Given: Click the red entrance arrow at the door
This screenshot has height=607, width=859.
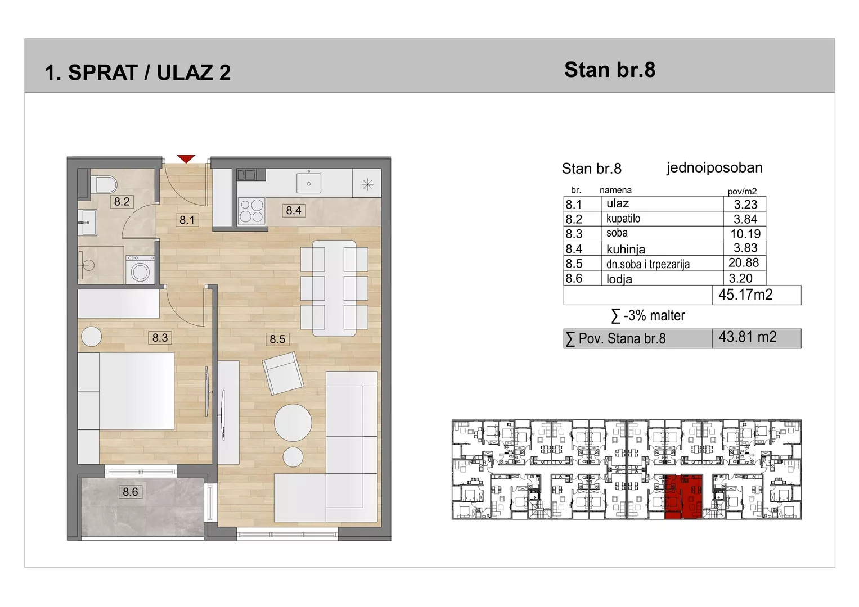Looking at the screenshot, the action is (x=186, y=158).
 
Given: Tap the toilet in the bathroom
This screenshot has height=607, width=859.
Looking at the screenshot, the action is (x=104, y=185).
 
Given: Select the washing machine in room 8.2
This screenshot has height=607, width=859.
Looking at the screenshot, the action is (x=141, y=270).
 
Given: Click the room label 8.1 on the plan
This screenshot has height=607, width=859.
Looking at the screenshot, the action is (x=187, y=220).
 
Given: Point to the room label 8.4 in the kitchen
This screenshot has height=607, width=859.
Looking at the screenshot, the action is (x=294, y=210).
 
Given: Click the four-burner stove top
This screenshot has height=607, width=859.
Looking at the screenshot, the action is (x=251, y=211).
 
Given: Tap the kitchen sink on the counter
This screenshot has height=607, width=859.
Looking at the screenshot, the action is (x=309, y=183).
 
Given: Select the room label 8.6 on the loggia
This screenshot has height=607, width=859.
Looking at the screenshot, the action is (x=131, y=492).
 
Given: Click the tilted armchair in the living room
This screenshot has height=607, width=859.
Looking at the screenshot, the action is (x=283, y=373).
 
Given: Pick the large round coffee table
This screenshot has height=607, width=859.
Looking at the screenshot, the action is (x=293, y=423).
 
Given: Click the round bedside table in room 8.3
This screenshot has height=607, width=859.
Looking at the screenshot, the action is (x=92, y=337).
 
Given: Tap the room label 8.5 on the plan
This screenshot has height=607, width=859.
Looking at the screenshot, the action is (x=277, y=339).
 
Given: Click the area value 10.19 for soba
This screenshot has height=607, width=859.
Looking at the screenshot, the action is (x=745, y=233).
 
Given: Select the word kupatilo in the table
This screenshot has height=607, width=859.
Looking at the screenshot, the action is (x=623, y=219).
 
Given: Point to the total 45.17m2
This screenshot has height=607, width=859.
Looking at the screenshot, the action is (x=745, y=295).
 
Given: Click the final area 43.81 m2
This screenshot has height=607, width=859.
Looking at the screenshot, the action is (x=748, y=337).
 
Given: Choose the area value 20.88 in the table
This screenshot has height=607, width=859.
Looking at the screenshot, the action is (x=744, y=262).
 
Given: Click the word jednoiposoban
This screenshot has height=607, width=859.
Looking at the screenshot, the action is (x=714, y=168).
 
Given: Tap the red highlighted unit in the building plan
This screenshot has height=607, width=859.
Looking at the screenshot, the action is (x=683, y=497).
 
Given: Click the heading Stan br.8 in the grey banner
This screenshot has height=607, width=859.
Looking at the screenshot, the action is (x=610, y=70).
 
